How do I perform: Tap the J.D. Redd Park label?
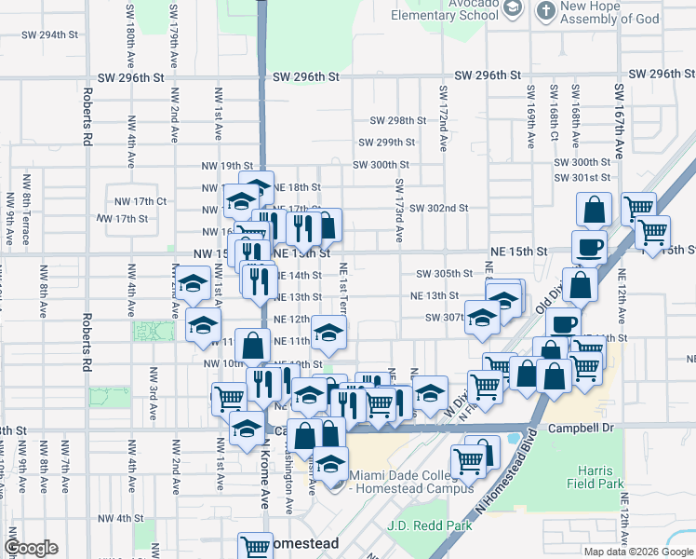(430, 525)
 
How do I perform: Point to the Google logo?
(32, 548)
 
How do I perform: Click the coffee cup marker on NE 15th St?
(589, 248)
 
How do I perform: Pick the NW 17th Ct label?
(140, 201)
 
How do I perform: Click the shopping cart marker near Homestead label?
(254, 546)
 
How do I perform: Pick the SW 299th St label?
(386, 143)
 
